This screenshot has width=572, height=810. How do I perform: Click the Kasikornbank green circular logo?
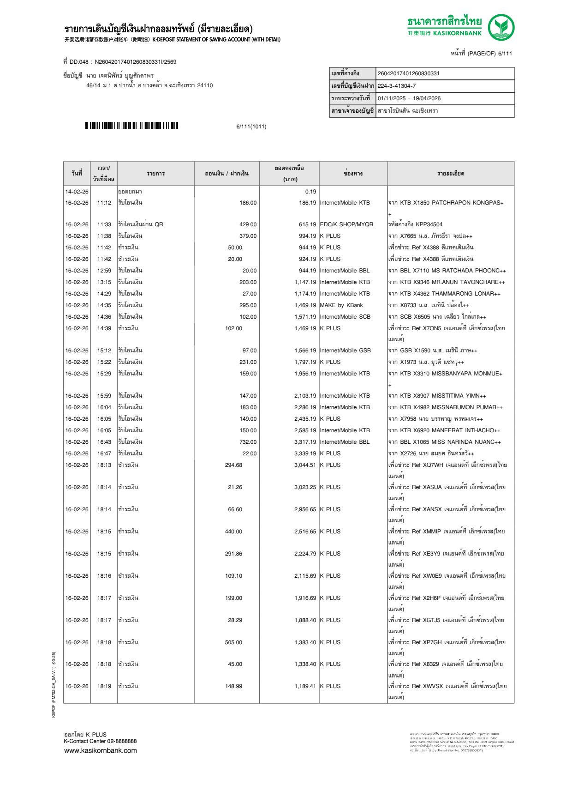point(501,27)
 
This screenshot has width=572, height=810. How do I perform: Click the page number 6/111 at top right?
point(505,54)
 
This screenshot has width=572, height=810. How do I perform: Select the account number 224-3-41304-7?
point(397,86)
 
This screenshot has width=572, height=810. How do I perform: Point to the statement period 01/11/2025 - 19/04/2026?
point(409,98)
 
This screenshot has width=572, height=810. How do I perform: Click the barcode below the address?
point(131,126)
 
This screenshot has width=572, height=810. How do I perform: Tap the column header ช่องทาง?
point(353,174)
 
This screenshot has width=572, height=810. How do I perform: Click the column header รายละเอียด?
point(450,174)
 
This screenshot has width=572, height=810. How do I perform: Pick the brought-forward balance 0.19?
point(310,192)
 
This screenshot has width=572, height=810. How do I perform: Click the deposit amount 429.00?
point(248,224)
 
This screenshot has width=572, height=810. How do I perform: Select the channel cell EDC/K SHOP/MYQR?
point(346,224)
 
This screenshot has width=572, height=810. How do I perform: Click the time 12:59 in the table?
point(104,271)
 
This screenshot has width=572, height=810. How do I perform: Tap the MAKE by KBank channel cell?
point(341,305)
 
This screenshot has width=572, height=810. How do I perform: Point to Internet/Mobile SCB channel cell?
point(345,317)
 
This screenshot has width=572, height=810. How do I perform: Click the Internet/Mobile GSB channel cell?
point(345,351)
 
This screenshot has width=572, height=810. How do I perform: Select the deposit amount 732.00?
point(248,442)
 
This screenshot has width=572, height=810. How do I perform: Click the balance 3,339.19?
point(305,453)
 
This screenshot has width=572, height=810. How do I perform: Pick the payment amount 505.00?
point(233,642)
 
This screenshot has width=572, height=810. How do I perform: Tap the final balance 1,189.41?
point(305,686)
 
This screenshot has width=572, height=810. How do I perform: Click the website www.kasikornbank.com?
point(101,750)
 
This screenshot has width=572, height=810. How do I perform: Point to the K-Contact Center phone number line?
point(100,741)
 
